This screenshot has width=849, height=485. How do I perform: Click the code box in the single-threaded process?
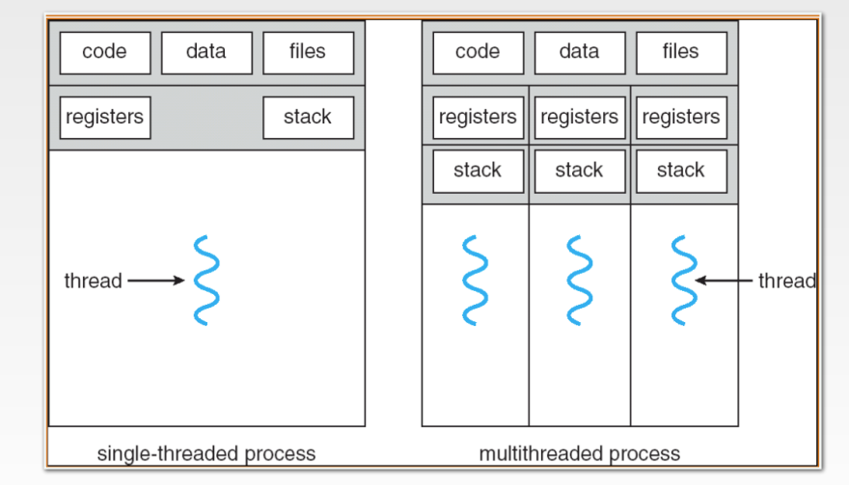(x=104, y=53)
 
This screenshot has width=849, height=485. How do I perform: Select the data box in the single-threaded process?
(x=206, y=53)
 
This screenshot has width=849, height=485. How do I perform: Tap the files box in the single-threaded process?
(x=308, y=53)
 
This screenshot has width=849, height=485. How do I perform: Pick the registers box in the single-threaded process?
(x=104, y=118)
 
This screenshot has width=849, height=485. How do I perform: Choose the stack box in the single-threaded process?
(x=308, y=118)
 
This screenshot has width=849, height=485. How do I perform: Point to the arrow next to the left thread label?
(x=155, y=281)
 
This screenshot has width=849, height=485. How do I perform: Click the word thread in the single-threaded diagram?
(x=93, y=282)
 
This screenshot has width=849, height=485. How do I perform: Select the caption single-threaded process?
(x=206, y=453)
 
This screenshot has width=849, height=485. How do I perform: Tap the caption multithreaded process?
(x=579, y=453)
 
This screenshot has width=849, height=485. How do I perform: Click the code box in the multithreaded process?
(x=478, y=53)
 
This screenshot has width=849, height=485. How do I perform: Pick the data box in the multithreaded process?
(x=579, y=53)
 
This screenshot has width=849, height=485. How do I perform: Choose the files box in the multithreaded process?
(x=680, y=53)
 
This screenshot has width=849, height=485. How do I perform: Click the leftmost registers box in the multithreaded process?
(x=478, y=118)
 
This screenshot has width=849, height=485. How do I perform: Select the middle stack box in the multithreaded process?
(x=579, y=171)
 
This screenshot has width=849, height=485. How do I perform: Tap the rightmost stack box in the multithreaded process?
(x=680, y=171)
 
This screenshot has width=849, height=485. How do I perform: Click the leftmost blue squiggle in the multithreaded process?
(x=475, y=281)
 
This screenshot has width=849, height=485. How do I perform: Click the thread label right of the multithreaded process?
(x=786, y=282)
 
